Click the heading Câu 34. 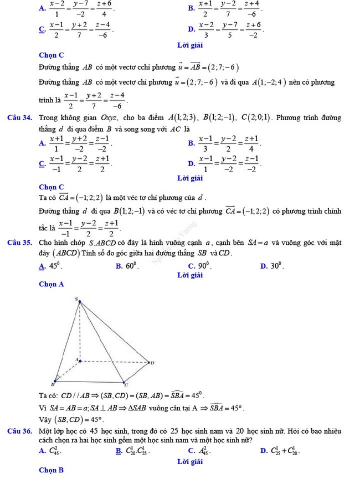(x=19, y=117)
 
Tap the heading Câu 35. (x=19, y=242)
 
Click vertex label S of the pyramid (x=77, y=298)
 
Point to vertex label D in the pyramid (x=152, y=363)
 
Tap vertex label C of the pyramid (x=126, y=384)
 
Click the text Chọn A (x=52, y=284)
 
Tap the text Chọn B (x=52, y=470)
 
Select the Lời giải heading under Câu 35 (x=189, y=275)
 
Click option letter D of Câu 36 (x=263, y=452)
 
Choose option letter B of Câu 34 (x=191, y=143)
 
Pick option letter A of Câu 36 (x=42, y=452)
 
